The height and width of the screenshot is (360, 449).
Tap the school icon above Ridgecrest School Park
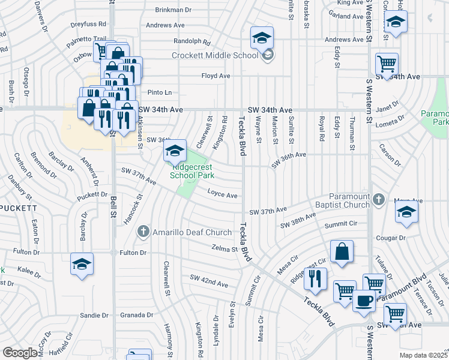click(175, 150)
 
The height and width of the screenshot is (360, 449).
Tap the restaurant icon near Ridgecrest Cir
click(315, 278)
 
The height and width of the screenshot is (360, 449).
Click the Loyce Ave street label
click(223, 195)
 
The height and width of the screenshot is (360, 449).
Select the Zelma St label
click(225, 248)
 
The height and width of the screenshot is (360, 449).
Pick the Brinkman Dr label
click(173, 10)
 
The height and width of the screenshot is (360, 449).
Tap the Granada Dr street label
click(137, 315)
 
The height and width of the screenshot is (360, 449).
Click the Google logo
click(21, 353)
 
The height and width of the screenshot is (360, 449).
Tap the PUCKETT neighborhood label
click(18, 208)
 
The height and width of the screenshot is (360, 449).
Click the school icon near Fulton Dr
click(82, 263)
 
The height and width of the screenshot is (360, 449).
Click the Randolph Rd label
click(192, 42)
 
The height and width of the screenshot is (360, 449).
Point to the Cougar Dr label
click(391, 238)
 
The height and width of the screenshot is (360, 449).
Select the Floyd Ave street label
click(216, 76)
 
